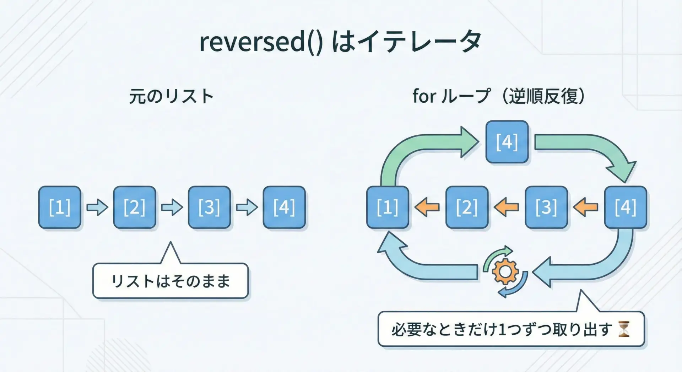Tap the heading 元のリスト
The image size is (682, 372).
pos(171,96)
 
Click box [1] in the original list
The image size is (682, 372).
pos(60,207)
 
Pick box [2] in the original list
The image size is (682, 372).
pos(135,207)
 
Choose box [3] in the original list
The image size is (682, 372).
pos(209,207)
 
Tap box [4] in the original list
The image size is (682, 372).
pos(284,207)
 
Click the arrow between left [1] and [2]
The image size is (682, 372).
pos(97,207)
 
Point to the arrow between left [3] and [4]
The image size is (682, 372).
pos(247,207)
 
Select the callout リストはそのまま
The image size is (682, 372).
pos(170,281)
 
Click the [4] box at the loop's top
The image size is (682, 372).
pos(507,142)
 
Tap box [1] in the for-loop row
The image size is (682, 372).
pos(388,207)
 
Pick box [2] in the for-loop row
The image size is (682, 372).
pos(467,207)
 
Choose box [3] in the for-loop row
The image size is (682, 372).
pos(546,207)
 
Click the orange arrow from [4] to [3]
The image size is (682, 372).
pos(586,207)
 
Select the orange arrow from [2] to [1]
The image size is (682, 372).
pos(427,207)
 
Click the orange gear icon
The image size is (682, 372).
pos(505,272)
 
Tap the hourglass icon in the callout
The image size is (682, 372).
pos(624,329)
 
